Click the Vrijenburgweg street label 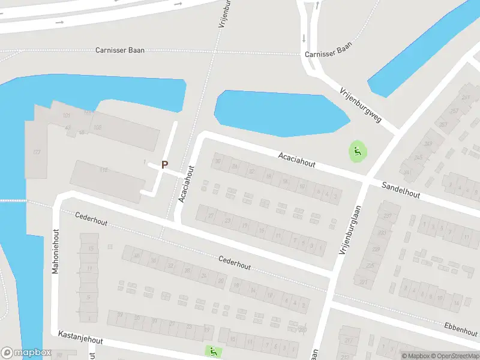pyautogui.click(x=361, y=104)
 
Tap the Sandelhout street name pyautogui.click(x=401, y=190)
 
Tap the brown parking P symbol pyautogui.click(x=164, y=164)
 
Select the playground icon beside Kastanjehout pyautogui.click(x=212, y=351)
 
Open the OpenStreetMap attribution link pyautogui.click(x=455, y=356)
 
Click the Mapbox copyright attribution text pyautogui.click(x=415, y=356)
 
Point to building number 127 pyautogui.click(x=37, y=152)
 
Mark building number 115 pyautogui.click(x=103, y=170)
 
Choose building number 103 pyautogui.click(x=98, y=127)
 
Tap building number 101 pyautogui.click(x=66, y=115)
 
